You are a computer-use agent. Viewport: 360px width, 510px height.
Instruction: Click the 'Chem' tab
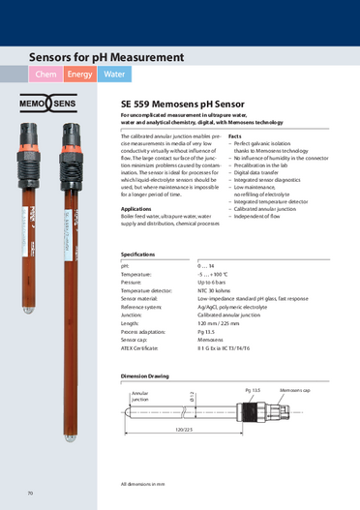point(45,74)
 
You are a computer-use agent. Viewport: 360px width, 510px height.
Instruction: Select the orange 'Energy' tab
point(80,74)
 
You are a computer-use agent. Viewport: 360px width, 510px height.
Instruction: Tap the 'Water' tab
point(114,74)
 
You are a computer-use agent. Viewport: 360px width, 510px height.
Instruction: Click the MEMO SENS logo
point(49,105)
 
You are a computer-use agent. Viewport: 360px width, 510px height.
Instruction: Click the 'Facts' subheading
point(234,136)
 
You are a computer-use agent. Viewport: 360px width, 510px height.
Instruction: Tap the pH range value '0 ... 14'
point(208,263)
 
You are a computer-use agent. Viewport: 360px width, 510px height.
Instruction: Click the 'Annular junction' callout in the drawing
point(140,396)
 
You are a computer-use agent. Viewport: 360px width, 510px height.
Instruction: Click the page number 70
point(31,494)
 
